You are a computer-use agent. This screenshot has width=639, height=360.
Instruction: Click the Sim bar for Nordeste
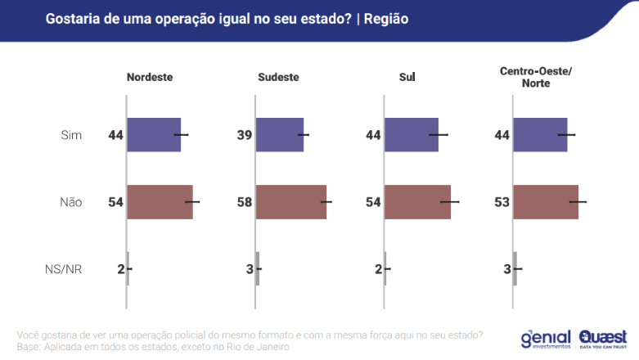pos(154,134)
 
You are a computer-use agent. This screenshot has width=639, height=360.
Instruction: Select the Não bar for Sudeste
pos(291,201)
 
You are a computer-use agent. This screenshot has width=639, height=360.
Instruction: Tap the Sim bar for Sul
pos(412,134)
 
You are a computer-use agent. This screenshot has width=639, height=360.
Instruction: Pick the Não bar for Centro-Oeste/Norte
pos(547,201)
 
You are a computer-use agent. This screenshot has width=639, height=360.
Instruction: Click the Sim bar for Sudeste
pos(280,134)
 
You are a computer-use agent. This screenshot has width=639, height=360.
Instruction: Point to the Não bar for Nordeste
pos(160,201)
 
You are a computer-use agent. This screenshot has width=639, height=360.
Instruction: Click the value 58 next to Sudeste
pos(245,201)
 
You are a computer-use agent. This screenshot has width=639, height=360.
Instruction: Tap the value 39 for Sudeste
pos(245,134)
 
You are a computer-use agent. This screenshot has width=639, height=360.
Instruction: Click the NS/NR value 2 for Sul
pos(379,268)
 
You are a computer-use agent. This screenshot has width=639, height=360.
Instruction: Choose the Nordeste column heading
pos(150,78)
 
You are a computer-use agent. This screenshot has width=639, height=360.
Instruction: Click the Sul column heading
pos(407,78)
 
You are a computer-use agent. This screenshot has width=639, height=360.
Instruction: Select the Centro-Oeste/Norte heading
pos(535,78)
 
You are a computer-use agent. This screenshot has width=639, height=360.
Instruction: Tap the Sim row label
pos(72,134)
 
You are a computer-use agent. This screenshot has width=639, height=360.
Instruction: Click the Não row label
pos(71,201)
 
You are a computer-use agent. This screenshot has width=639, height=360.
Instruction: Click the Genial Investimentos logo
pos(546,338)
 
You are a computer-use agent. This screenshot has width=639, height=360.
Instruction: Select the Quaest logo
pos(604,338)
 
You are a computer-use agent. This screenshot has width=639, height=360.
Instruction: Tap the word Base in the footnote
pos(29,347)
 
